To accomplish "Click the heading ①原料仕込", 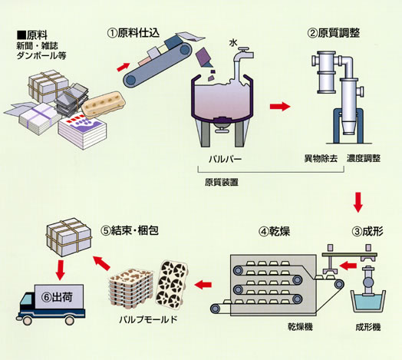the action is [x=133, y=33].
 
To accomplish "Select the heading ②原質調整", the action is [x=333, y=33].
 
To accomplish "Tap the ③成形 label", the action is [x=367, y=232].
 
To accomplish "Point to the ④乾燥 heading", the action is [x=274, y=232].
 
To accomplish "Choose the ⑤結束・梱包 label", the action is [x=130, y=231].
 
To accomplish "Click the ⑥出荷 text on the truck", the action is [x=57, y=297].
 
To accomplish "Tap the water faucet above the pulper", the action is [x=245, y=54].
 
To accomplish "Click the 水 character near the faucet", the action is [x=233, y=43].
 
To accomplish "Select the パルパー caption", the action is [x=225, y=160].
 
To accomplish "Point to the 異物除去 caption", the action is [x=321, y=158].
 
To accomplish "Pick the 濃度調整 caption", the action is [x=364, y=158].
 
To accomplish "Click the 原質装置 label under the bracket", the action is [x=222, y=182].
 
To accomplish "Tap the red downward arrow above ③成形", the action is [x=358, y=202].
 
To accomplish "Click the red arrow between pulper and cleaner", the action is [x=280, y=106].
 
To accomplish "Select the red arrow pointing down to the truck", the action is [x=61, y=270].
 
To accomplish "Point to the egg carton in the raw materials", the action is [x=104, y=104].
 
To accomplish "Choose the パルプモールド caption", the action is [x=148, y=320].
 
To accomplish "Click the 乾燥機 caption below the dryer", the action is [x=300, y=327].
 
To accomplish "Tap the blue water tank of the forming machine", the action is [x=368, y=302].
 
